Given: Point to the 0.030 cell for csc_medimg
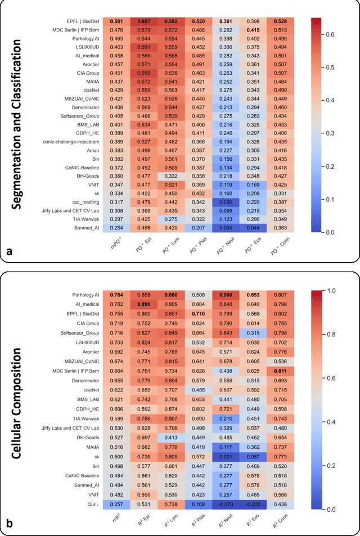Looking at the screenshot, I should (x=226, y=202).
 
